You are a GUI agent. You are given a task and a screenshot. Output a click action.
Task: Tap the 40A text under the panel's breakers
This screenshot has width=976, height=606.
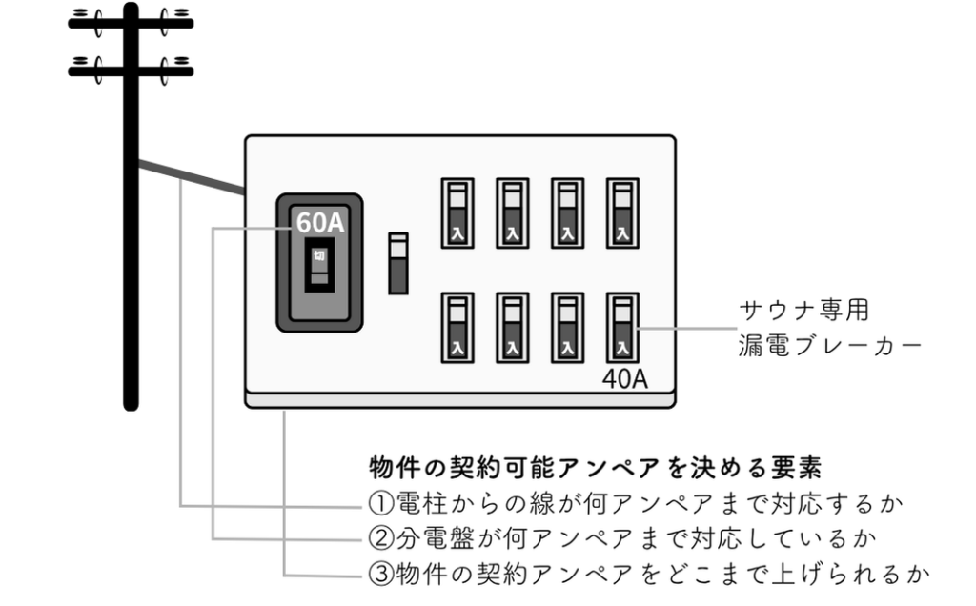[x=624, y=378]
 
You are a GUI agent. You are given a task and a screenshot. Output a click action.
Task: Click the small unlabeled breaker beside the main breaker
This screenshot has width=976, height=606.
[x=398, y=263]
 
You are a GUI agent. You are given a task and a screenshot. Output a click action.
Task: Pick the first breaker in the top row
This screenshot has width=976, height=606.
[x=456, y=213]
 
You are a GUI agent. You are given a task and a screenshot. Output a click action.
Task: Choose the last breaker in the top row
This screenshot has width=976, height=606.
[x=623, y=213]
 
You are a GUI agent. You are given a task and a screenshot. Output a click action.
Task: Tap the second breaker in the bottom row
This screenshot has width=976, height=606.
[x=512, y=328]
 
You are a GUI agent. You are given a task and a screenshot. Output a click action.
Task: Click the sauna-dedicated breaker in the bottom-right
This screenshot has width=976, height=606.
[x=623, y=328]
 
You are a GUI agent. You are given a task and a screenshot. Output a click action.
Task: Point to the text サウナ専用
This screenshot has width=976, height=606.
[x=805, y=311]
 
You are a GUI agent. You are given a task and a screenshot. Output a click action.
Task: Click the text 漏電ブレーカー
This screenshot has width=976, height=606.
[x=830, y=345]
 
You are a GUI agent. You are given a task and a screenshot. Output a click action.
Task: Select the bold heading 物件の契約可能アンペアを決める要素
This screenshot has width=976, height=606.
[x=597, y=468]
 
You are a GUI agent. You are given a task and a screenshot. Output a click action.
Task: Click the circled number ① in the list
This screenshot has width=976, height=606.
[x=378, y=502]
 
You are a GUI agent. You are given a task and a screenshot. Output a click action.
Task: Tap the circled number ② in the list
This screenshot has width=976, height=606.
[x=378, y=538]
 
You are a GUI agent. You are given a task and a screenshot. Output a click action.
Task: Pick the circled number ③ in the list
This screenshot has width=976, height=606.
[x=378, y=575]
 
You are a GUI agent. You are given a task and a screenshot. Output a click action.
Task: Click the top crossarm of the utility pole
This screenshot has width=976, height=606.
[x=131, y=22]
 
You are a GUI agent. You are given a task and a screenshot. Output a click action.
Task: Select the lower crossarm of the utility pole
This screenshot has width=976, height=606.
[x=131, y=68]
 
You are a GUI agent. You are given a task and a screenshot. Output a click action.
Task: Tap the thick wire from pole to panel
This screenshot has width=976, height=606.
[x=191, y=177]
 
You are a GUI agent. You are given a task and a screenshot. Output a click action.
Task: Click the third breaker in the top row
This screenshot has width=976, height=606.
[x=567, y=213]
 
